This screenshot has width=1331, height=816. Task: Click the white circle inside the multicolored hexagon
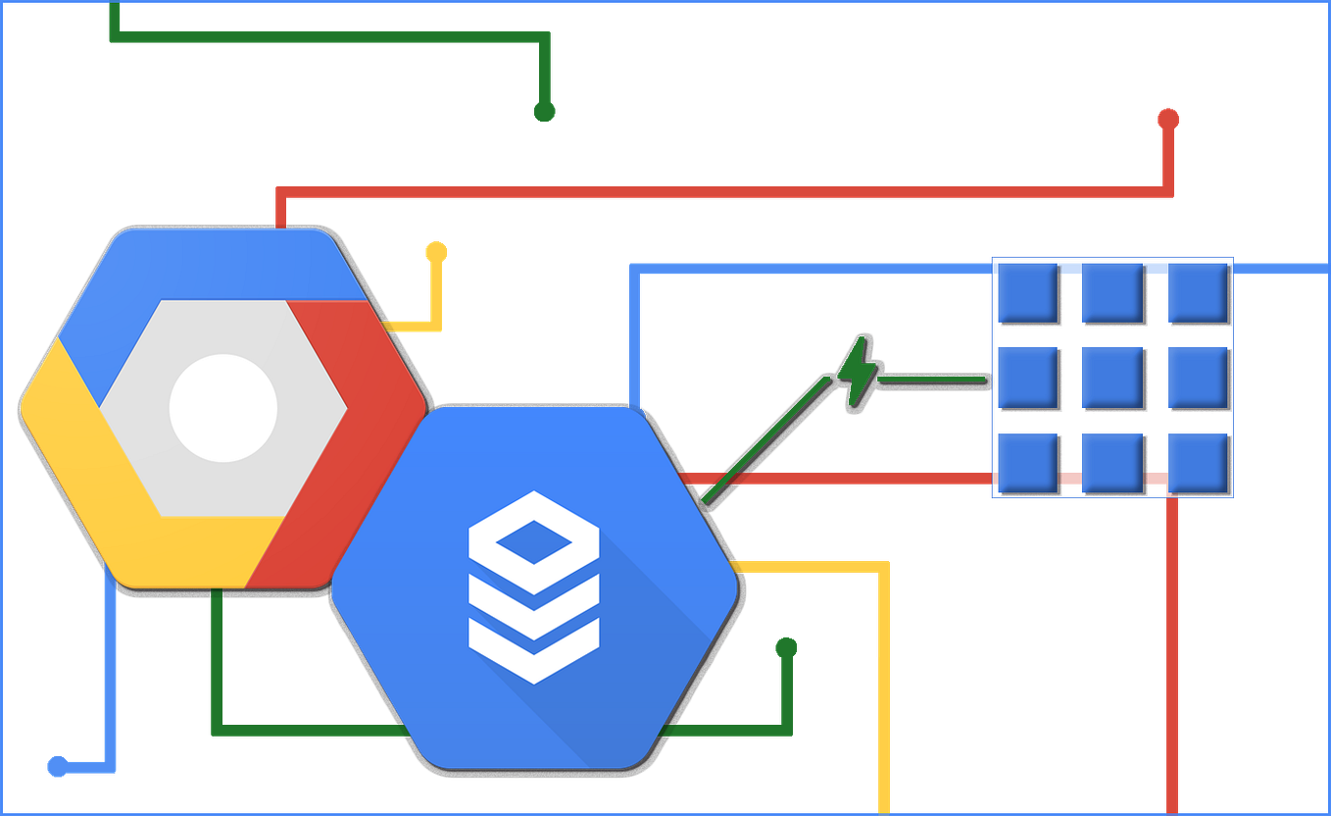[223, 408]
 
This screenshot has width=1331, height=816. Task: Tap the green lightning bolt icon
[856, 372]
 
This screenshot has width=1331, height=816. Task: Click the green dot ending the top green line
[544, 110]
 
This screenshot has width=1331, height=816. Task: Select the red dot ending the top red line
[1167, 119]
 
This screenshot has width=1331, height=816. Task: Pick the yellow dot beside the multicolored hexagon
[436, 252]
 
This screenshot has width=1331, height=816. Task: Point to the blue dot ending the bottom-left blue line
[57, 767]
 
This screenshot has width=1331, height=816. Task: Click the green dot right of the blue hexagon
[785, 647]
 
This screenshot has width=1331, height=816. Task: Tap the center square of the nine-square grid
[1112, 378]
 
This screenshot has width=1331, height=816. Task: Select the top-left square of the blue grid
[1027, 292]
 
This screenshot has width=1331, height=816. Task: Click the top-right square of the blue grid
[1198, 292]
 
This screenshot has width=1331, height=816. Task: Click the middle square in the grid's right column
[1198, 378]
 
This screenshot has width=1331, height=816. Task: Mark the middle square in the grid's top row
[1112, 292]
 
